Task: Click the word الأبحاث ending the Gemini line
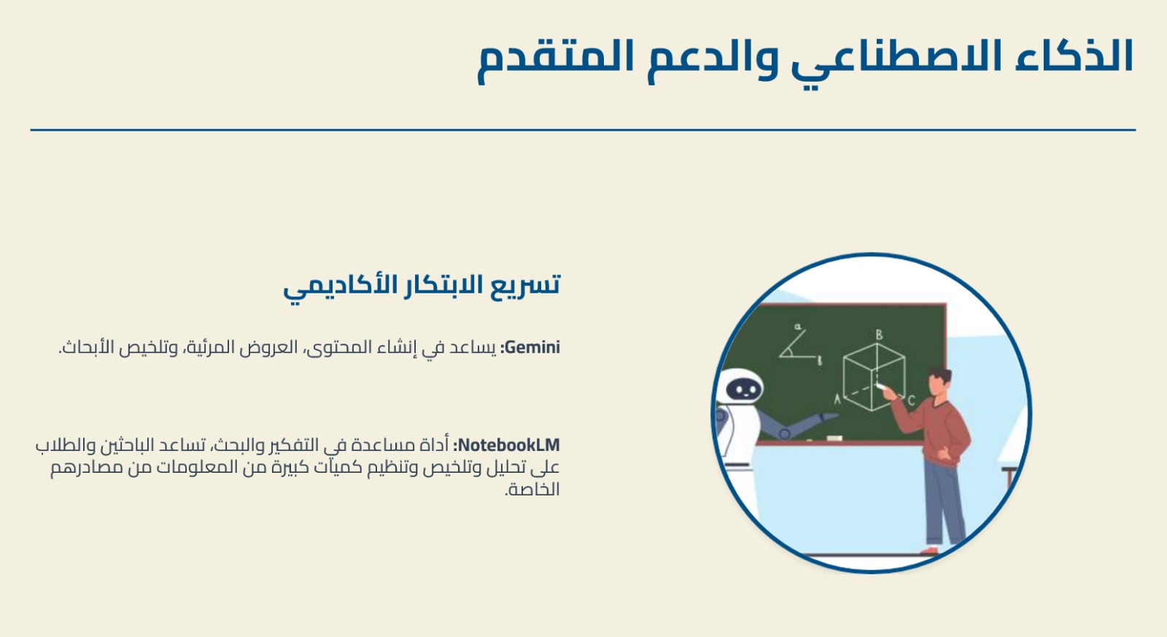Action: pos(86,347)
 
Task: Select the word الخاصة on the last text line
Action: pos(532,490)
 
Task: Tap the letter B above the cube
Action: pos(879,335)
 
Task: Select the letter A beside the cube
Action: pos(837,399)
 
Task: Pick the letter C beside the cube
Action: pos(911,401)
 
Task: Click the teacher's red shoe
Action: pos(929,550)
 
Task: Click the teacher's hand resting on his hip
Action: pos(945,455)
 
